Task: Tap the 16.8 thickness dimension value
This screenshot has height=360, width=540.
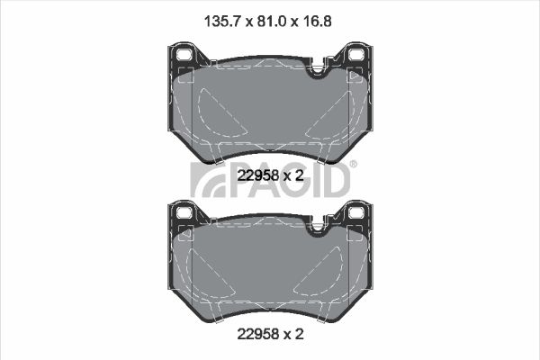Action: tap(317, 22)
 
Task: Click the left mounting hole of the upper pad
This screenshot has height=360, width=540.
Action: tap(184, 54)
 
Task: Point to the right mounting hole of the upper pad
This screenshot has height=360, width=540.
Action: tap(356, 54)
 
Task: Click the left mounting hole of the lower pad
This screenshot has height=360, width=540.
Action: tap(184, 212)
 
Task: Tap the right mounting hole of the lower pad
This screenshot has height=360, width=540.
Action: tap(356, 212)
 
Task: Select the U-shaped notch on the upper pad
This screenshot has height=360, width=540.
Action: tap(317, 69)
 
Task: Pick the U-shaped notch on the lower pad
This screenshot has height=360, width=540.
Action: tap(317, 227)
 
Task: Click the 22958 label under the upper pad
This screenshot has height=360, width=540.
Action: tap(258, 175)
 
